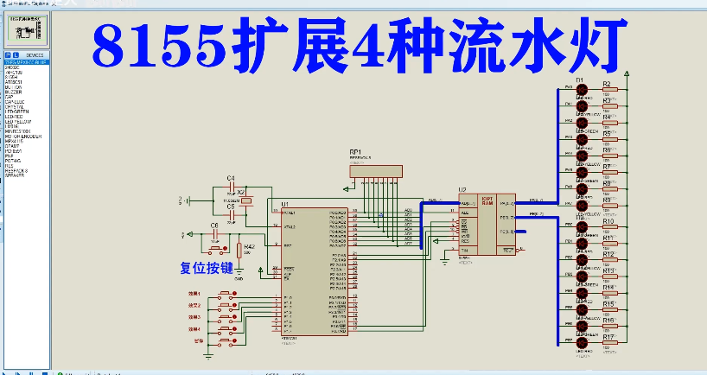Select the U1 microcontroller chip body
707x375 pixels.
[x=315, y=272]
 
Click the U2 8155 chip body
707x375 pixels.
[x=486, y=223]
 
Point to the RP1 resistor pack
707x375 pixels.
[x=375, y=171]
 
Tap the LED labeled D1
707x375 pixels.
[x=581, y=89]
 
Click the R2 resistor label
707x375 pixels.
[x=607, y=84]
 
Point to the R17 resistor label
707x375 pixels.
[x=608, y=336]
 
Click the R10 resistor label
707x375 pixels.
[x=608, y=222]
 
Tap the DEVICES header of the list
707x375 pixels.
[x=35, y=55]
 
